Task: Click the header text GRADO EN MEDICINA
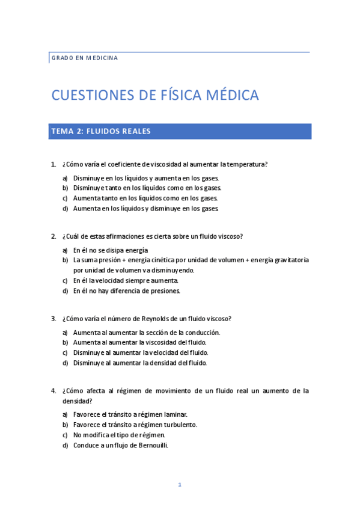[84, 58]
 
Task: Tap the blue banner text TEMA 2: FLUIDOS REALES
[100, 131]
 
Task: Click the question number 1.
[53, 164]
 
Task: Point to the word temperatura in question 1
[246, 164]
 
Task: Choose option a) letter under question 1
[65, 179]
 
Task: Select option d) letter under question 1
[65, 209]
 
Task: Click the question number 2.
[53, 236]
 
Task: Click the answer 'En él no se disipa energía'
[111, 250]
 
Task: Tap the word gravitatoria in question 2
[291, 260]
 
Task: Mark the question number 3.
[53, 318]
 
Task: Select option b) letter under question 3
[65, 342]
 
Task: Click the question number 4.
[53, 390]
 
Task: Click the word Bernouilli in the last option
[150, 445]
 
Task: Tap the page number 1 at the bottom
[179, 485]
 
